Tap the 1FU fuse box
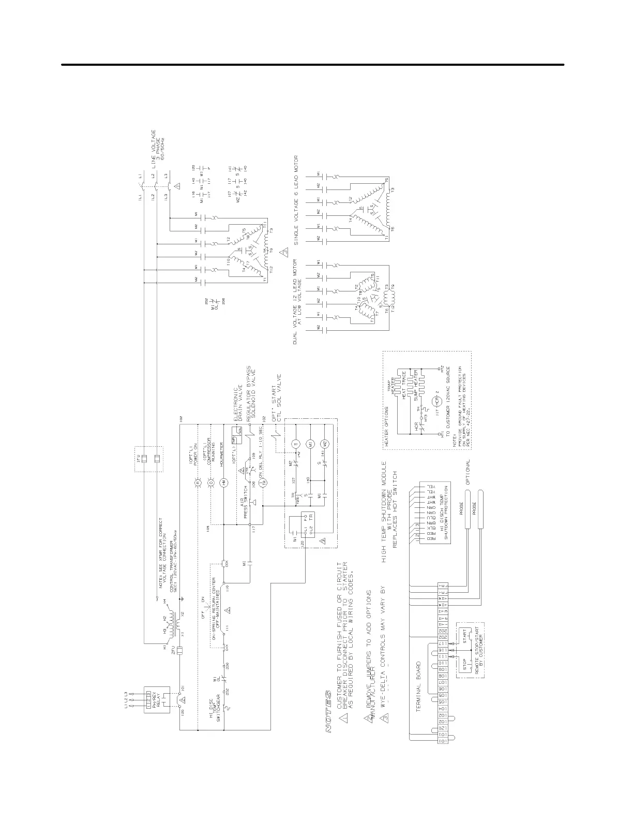click(x=148, y=459)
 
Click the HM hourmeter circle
click(x=223, y=481)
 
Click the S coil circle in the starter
click(x=296, y=444)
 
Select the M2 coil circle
click(x=325, y=444)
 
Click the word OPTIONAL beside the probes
click(x=468, y=472)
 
